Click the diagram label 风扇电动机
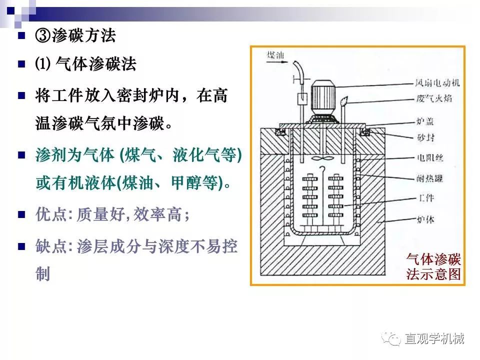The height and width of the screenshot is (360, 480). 437,82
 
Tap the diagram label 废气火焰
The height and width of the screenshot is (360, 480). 434,98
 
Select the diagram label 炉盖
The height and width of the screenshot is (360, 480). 425,121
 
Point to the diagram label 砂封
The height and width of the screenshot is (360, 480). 425,137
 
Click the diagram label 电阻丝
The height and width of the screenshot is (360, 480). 430,158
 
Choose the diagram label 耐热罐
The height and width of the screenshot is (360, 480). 429,178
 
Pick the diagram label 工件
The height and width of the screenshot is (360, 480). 426,198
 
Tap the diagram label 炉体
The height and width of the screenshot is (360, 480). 425,219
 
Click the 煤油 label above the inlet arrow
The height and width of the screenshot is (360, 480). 275,55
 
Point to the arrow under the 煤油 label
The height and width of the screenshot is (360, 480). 277,62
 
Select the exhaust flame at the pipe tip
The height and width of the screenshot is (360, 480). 344,100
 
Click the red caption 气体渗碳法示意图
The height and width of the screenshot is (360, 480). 433,266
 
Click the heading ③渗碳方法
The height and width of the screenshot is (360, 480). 75,35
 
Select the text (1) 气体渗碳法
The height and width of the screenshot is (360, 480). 85,64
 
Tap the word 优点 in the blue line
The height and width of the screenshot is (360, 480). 51,214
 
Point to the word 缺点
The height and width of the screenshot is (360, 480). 51,246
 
